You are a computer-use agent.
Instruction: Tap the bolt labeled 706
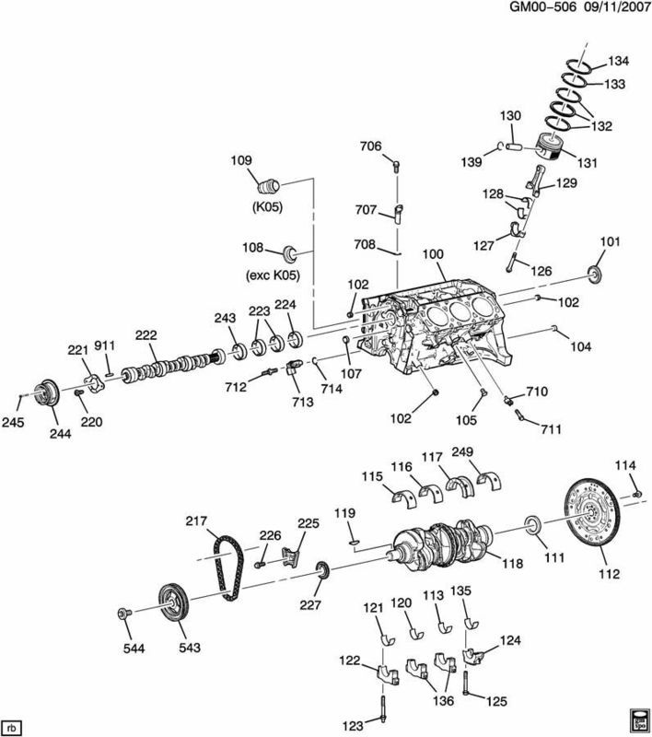point(396,167)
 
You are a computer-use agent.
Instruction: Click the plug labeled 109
point(274,181)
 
